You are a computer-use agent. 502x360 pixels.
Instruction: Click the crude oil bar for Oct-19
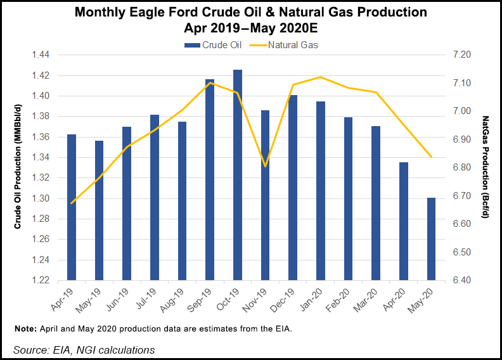[x=238, y=175]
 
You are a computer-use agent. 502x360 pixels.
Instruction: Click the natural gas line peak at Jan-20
[x=321, y=77]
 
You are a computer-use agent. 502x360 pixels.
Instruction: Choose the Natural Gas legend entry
[x=286, y=45]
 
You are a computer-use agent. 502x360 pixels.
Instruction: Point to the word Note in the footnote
[x=25, y=330]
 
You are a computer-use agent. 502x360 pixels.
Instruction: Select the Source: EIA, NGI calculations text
[x=84, y=349]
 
